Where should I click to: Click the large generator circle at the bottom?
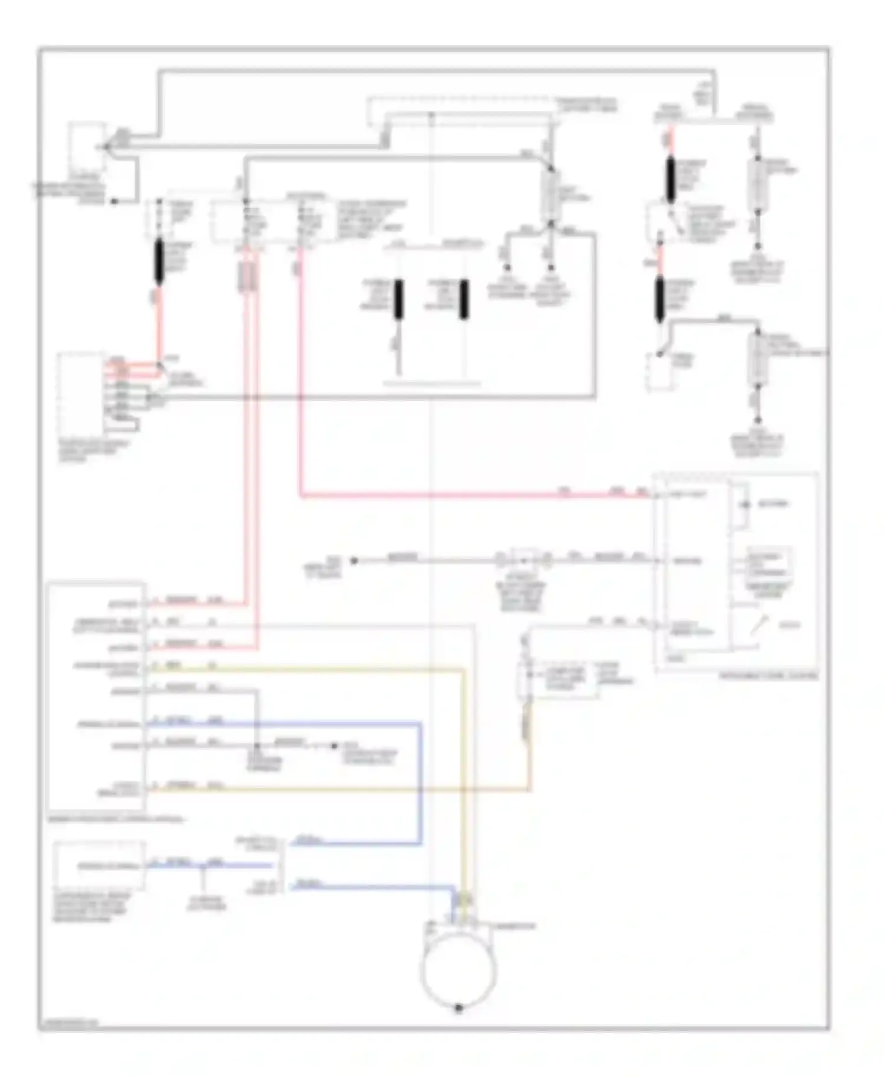(459, 970)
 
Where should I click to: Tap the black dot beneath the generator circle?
(459, 1008)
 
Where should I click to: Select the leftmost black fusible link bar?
(159, 262)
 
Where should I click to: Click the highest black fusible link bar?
(671, 180)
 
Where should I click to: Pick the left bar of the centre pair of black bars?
(399, 299)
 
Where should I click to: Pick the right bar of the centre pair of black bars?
(464, 299)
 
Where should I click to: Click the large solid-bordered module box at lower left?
(97, 696)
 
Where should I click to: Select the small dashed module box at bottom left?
(99, 866)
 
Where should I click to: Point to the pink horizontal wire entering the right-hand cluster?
(471, 495)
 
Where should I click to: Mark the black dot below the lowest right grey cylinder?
(757, 420)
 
